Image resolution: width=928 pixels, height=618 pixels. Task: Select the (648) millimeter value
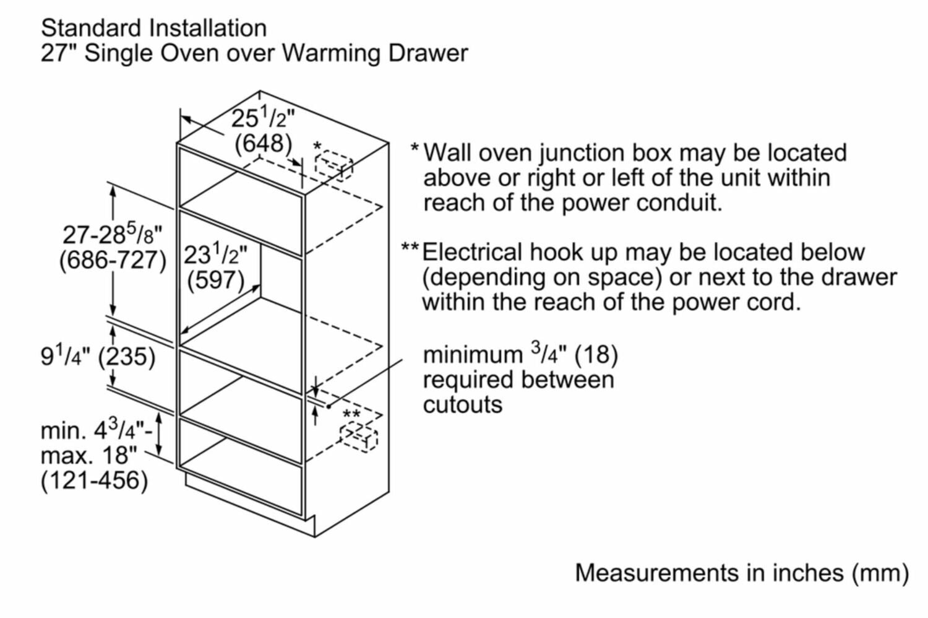pos(263,143)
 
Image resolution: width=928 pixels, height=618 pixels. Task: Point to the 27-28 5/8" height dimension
pos(113,235)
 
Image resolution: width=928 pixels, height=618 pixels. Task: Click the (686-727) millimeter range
pos(113,259)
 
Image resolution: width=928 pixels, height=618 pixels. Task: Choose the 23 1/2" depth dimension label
pos(215,254)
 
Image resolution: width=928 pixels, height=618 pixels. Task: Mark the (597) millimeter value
pos(215,280)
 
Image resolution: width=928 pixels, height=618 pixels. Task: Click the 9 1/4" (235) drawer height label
pos(98,356)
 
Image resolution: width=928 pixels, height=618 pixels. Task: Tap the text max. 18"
pos(88,455)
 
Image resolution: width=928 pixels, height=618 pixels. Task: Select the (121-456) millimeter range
pos(94,481)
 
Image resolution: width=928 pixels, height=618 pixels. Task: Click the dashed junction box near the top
pos(333,165)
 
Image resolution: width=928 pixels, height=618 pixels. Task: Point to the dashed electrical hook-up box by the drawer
pos(359,437)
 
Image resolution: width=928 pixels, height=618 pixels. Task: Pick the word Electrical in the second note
pos(472,252)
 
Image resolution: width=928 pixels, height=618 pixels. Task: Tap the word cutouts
pos(463,404)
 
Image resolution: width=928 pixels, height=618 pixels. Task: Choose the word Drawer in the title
pos(427,53)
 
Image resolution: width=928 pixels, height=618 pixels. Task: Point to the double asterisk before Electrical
pos(410,248)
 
